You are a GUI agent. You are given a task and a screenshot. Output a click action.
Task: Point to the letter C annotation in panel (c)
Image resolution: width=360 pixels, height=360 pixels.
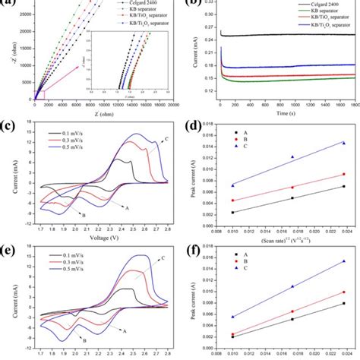[x=165, y=139]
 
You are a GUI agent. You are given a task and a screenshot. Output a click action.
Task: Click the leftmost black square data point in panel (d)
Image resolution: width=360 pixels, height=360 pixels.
[x=232, y=212]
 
